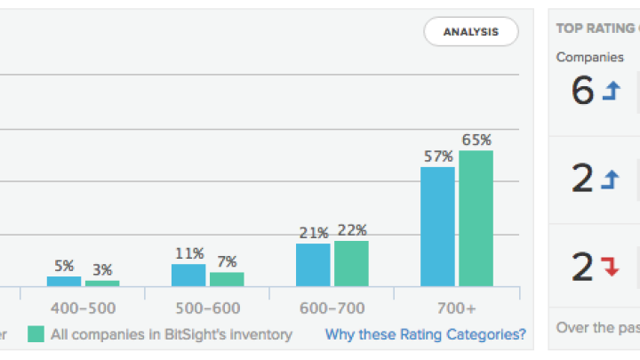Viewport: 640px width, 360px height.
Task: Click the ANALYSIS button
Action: pyautogui.click(x=471, y=32)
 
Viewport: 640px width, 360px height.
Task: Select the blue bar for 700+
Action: pyautogui.click(x=437, y=227)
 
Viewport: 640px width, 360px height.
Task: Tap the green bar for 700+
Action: pyautogui.click(x=476, y=219)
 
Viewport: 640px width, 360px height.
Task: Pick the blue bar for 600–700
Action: pyautogui.click(x=313, y=265)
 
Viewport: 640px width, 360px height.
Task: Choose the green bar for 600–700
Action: pyautogui.click(x=351, y=263)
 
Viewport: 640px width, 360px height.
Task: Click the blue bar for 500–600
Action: pyautogui.click(x=188, y=275)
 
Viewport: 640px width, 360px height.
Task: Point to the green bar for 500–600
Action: pyautogui.click(x=227, y=279)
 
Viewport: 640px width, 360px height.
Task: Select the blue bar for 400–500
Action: pyautogui.click(x=64, y=281)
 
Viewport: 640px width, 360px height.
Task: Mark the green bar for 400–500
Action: pyautogui.click(x=102, y=283)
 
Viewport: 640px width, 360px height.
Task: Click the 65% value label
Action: pyautogui.click(x=476, y=140)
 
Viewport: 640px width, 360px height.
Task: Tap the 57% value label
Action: pyautogui.click(x=437, y=156)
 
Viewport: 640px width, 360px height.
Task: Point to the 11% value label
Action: pyautogui.click(x=189, y=253)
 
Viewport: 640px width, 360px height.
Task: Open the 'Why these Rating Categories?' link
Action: pyautogui.click(x=425, y=335)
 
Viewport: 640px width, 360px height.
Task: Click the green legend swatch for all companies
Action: pyautogui.click(x=36, y=335)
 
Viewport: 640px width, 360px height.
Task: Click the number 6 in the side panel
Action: pyautogui.click(x=582, y=92)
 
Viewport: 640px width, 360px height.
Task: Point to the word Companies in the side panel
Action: pyautogui.click(x=590, y=57)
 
